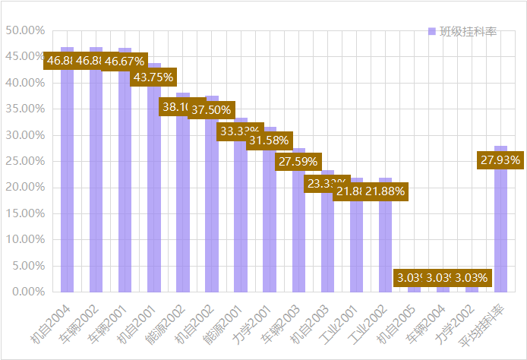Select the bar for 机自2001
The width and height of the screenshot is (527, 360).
(154, 190)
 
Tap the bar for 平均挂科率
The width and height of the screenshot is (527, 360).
(501, 228)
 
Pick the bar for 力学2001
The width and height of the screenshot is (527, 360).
(270, 220)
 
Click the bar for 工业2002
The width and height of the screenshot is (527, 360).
(385, 243)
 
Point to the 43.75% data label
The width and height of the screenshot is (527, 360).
(154, 77)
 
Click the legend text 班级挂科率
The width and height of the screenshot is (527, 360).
(468, 31)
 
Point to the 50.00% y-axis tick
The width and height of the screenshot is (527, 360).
(25, 30)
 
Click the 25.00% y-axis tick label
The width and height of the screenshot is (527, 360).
(25, 161)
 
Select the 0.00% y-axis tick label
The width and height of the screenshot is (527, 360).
(27, 292)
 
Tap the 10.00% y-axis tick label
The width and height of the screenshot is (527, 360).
(25, 239)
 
